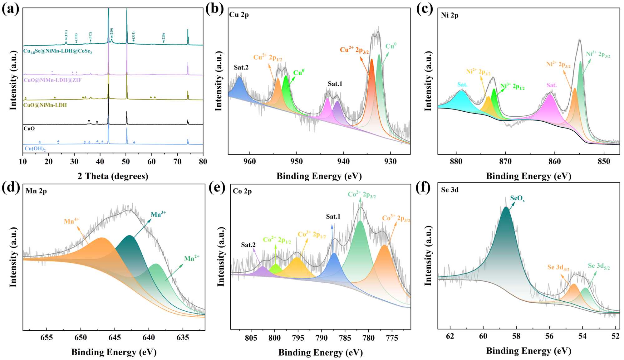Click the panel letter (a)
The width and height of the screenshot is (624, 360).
point(10,9)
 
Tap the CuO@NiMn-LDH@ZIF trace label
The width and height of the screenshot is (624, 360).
point(52,80)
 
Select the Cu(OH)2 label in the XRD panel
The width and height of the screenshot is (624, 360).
point(35,149)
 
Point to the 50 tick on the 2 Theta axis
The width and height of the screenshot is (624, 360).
point(126,162)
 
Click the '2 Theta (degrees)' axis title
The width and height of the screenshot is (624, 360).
point(113,176)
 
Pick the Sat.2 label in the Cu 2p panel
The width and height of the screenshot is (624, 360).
point(241,67)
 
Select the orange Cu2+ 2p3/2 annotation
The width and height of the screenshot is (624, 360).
point(354,50)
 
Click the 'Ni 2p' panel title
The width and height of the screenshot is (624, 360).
point(450,15)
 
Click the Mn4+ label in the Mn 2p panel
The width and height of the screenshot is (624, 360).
point(71,221)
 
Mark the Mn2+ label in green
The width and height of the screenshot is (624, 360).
point(191,258)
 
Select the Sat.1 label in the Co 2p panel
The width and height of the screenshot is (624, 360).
point(333,216)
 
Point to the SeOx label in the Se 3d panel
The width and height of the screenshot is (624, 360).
point(517,198)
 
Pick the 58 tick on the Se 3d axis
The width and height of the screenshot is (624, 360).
point(516,336)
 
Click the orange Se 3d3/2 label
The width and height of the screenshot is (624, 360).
point(558,268)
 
